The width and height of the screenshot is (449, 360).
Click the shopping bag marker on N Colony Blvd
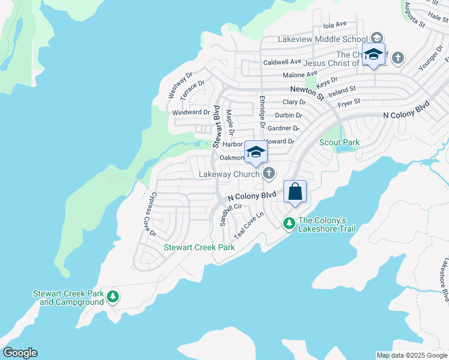(x=295, y=193)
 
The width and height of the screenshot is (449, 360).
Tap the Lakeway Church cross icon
(x=269, y=174)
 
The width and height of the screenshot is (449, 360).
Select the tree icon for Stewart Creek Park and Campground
(x=112, y=296)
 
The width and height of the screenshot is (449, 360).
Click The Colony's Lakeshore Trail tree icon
(x=289, y=223)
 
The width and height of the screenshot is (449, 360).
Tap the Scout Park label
(x=339, y=142)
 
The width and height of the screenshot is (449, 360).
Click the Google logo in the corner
(x=19, y=353)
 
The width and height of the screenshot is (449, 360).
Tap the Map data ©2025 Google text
(x=411, y=355)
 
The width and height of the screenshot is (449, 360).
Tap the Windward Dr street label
(x=191, y=112)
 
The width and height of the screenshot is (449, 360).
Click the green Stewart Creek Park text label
(x=200, y=247)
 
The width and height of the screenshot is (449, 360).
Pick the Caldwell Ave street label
(x=282, y=62)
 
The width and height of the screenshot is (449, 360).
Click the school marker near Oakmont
(x=256, y=152)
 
